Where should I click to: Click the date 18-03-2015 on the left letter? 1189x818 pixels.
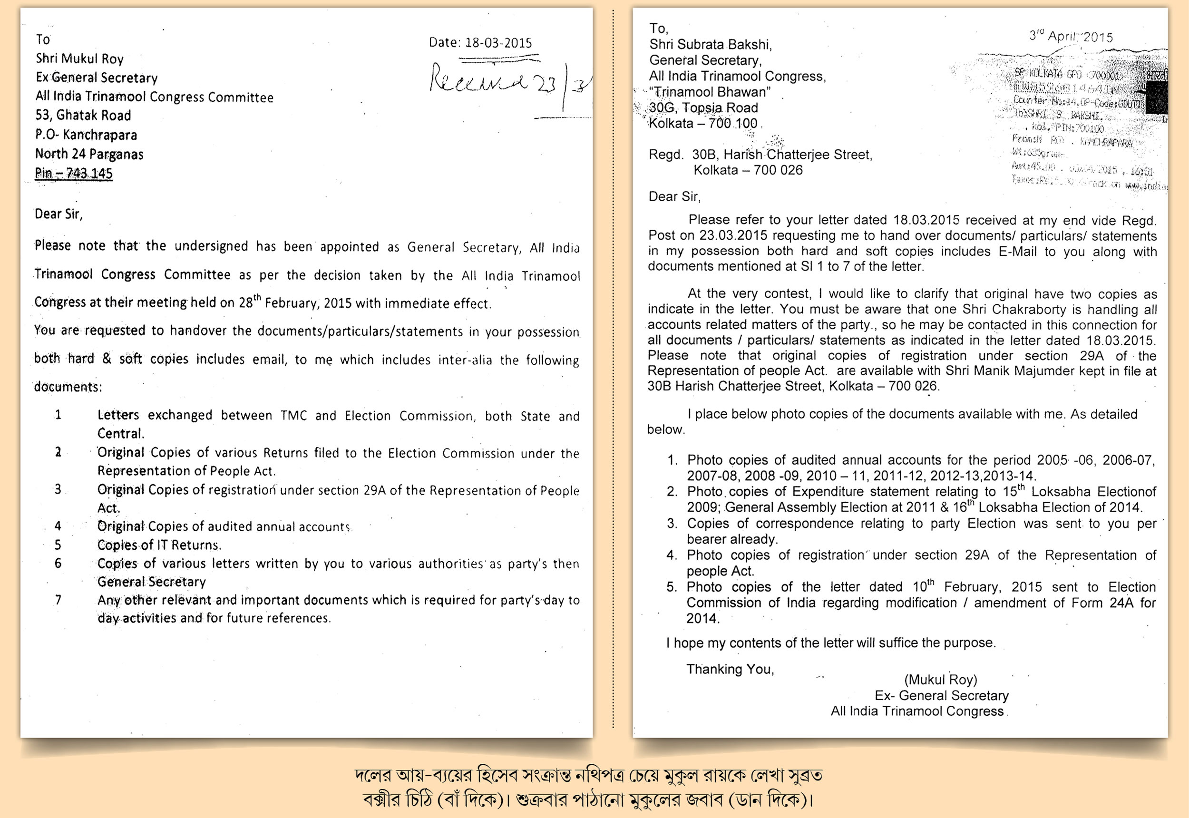tap(498, 42)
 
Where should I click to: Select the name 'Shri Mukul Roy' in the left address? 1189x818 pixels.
tap(79, 59)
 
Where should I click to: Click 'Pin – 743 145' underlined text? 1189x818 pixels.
tap(74, 173)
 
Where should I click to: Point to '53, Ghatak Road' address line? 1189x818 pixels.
tap(83, 115)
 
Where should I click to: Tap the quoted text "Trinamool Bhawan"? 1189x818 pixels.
tap(710, 92)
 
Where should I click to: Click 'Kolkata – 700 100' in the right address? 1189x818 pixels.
tap(702, 124)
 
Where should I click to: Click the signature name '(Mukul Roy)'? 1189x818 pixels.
tap(940, 680)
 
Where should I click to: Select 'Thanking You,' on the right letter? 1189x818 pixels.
tap(730, 669)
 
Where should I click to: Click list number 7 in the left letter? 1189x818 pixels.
tap(58, 600)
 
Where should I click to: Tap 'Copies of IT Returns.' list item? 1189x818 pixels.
tap(159, 545)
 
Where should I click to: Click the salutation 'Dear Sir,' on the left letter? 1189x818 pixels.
tap(58, 214)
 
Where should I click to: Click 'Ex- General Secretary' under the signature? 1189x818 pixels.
tap(942, 695)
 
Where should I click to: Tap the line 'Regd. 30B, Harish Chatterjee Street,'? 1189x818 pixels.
tap(760, 155)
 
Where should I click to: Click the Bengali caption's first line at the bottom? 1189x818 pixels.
tap(588, 776)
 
